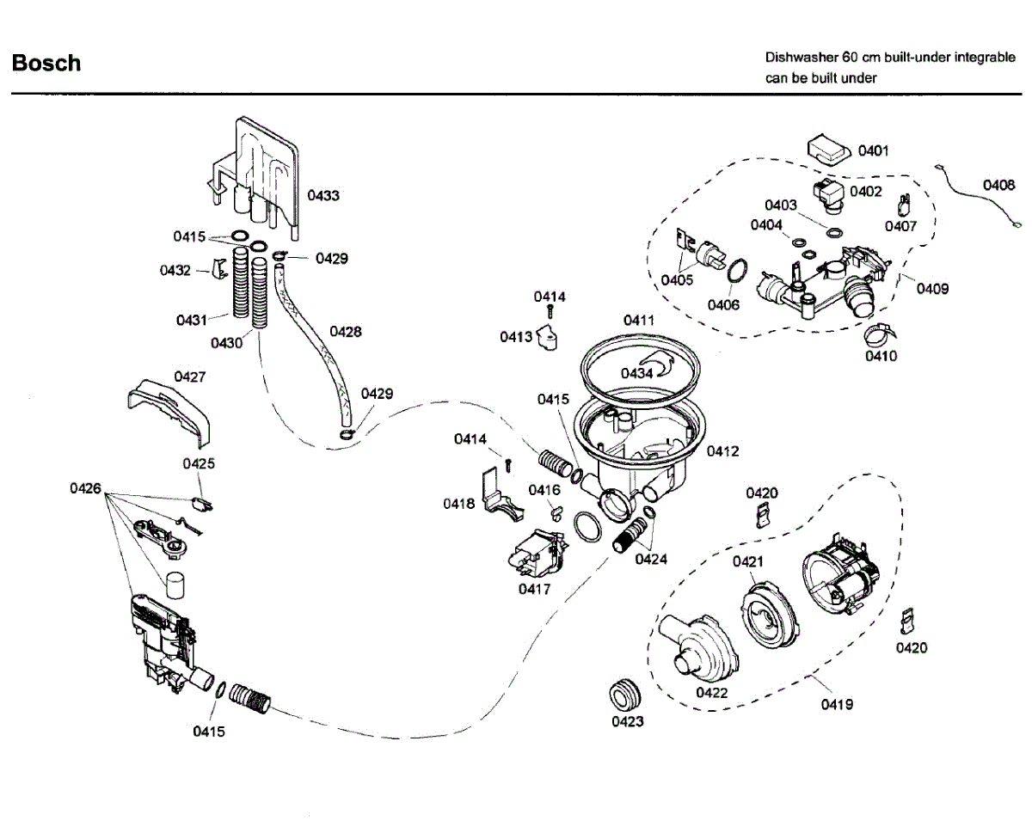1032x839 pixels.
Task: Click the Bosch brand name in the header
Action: tap(46, 64)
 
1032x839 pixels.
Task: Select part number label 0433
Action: tap(323, 196)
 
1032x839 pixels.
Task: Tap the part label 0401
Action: tap(873, 151)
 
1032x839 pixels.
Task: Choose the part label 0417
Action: tap(534, 589)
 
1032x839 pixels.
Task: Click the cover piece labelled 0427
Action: tap(169, 412)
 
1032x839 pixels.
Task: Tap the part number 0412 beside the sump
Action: tap(722, 451)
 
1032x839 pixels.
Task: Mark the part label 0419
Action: tap(837, 704)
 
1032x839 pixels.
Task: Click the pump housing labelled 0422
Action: tap(697, 646)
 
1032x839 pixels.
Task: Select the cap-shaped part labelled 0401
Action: tap(828, 150)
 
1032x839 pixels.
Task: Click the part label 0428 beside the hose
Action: tap(346, 332)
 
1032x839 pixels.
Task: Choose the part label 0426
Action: tap(85, 488)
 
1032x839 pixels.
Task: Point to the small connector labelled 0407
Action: tap(904, 205)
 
